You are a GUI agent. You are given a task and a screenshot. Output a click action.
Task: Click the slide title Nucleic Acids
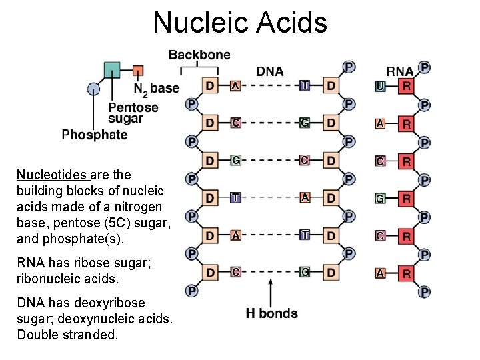click(x=240, y=22)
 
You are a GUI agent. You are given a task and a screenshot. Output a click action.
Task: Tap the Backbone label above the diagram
click(x=199, y=55)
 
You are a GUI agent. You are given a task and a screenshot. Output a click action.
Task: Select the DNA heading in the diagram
click(x=270, y=71)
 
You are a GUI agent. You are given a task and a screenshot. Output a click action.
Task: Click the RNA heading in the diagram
click(x=400, y=71)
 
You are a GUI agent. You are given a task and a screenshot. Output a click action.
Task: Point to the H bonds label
click(x=271, y=313)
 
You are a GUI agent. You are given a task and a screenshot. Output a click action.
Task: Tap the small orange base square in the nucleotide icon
click(x=138, y=70)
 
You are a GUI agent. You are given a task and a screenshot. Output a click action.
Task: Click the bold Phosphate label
click(x=94, y=135)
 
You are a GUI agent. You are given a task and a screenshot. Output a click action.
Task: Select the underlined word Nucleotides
click(x=52, y=175)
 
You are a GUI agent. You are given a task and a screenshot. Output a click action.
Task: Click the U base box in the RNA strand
click(x=379, y=85)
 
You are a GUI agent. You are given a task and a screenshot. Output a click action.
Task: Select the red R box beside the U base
click(x=405, y=85)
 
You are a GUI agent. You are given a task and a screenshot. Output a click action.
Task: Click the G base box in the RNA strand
click(x=379, y=198)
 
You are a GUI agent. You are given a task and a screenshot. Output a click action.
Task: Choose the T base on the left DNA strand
click(x=235, y=198)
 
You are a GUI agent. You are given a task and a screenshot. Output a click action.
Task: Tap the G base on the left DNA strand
click(x=235, y=160)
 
